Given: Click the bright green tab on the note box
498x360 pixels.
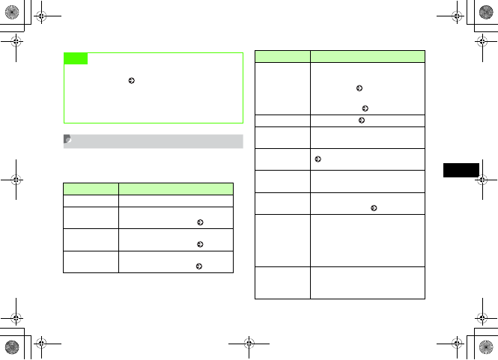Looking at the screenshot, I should pyautogui.click(x=76, y=58).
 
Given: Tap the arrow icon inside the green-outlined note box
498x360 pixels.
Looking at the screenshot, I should pyautogui.click(x=132, y=79).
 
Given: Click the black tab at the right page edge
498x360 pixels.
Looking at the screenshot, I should pyautogui.click(x=460, y=169).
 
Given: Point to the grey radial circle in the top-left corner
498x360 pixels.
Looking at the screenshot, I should pyautogui.click(x=11, y=12).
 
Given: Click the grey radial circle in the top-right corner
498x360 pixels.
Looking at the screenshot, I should pyautogui.click(x=486, y=12).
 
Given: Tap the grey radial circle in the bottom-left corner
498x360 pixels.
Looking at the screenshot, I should pyautogui.click(x=11, y=347).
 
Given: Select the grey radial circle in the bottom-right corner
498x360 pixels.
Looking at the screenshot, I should pyautogui.click(x=486, y=347).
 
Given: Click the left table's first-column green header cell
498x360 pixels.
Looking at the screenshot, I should pyautogui.click(x=91, y=189).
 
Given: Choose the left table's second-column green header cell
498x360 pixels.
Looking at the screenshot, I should pyautogui.click(x=176, y=189).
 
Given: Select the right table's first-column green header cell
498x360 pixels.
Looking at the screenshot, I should pyautogui.click(x=282, y=55).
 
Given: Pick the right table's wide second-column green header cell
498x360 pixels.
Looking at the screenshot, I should pyautogui.click(x=368, y=55).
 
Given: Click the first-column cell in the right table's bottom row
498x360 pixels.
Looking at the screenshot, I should pyautogui.click(x=282, y=282).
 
